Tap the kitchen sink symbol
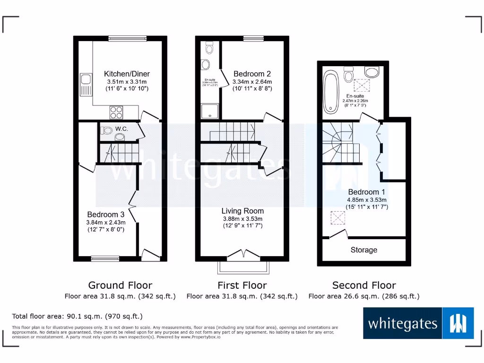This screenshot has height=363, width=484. pos(86,84)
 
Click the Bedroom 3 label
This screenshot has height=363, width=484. pos(105,215)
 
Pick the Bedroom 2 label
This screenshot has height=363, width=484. pos(252,74)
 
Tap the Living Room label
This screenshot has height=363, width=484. pos(243,211)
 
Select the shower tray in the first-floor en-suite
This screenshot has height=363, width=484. pos(207,112)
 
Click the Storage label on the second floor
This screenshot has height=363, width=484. pos(364,250)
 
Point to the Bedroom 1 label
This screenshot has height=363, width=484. pos(367,192)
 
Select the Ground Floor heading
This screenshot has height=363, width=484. pos(120,285)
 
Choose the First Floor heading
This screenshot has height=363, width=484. pos(242,285)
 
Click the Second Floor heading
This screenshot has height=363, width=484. pos(364,285)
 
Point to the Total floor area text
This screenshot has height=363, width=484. pos(77,316)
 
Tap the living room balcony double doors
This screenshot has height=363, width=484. pos(243,255)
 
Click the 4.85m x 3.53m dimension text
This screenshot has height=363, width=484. pos(367,199)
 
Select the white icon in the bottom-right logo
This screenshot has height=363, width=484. pos(458,323)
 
